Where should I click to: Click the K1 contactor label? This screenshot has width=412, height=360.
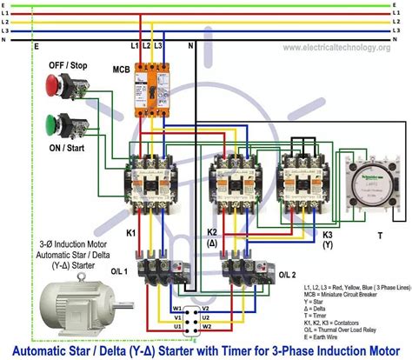click(131, 234)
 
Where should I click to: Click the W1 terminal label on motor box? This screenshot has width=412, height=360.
click(176, 307)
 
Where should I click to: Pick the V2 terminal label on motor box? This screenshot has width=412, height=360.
click(205, 307)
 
